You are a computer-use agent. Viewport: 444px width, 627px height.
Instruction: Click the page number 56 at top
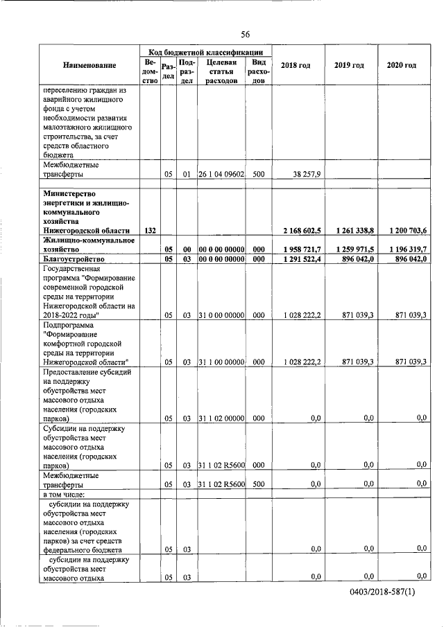246,35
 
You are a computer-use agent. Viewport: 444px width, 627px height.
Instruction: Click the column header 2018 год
295,65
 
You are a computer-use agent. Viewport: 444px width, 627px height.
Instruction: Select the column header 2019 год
349,65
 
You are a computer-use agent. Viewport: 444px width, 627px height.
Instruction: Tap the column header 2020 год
401,65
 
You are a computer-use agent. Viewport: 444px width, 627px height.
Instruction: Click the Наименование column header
89,65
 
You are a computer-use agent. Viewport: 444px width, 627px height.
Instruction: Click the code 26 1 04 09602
219,175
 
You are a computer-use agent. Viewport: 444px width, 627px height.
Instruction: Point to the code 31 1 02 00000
219,418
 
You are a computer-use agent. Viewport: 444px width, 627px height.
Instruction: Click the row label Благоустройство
73,258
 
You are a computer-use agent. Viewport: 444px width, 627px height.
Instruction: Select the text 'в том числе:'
64,494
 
